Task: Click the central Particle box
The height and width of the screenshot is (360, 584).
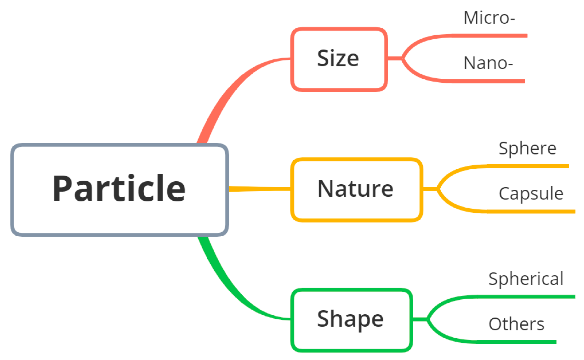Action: (120, 190)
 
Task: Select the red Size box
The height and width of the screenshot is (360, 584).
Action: (339, 59)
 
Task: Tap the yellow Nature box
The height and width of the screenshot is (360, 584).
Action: (356, 190)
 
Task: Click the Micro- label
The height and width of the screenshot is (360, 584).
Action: (489, 18)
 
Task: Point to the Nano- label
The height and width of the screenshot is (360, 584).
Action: (488, 63)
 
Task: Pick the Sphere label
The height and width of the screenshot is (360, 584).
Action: (527, 148)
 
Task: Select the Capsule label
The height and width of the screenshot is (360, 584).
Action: (531, 193)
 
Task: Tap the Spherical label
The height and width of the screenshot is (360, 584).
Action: (526, 279)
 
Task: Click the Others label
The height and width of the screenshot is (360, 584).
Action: (516, 324)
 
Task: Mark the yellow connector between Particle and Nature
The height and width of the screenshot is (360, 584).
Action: (260, 189)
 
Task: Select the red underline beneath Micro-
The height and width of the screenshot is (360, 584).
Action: (495, 36)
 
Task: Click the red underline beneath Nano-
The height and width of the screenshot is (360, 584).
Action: (495, 81)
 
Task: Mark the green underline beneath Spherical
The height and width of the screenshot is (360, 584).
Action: (531, 297)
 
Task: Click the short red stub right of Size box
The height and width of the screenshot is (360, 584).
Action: (394, 58)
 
